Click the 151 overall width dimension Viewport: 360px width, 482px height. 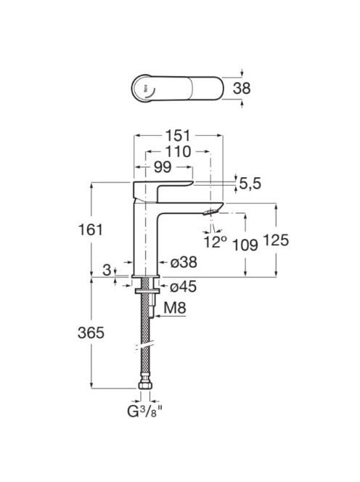point(178,136)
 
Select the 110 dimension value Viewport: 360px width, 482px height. point(178,152)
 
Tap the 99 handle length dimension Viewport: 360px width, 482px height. point(163,167)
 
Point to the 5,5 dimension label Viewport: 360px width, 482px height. point(250,184)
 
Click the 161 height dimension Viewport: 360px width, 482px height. point(91,229)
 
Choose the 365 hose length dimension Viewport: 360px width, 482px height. point(91,332)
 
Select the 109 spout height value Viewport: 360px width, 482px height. point(245,245)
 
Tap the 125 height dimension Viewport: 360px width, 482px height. point(276,240)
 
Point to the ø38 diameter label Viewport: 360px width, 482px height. point(183,262)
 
